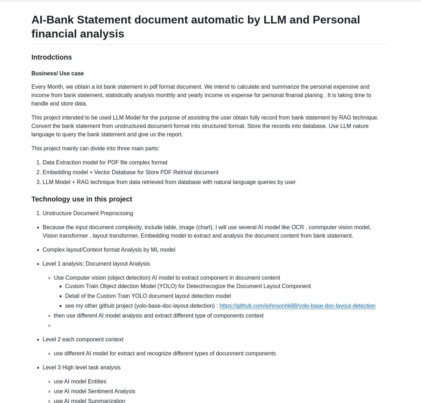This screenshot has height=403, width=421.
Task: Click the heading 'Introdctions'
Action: pyautogui.click(x=52, y=57)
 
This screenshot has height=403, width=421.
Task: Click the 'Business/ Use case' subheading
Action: pyautogui.click(x=58, y=73)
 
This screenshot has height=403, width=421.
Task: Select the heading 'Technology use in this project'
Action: pyautogui.click(x=82, y=199)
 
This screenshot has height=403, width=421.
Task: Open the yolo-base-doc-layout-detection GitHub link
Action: pyautogui.click(x=297, y=306)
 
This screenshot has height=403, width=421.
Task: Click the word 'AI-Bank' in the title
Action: pyautogui.click(x=52, y=20)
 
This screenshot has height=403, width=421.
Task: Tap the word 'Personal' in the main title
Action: pyautogui.click(x=336, y=20)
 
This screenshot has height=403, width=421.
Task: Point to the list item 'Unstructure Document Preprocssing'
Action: pyautogui.click(x=88, y=213)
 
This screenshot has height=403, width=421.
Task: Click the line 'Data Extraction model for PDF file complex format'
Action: pyautogui.click(x=105, y=162)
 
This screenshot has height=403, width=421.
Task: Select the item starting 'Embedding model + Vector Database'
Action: pyautogui.click(x=130, y=172)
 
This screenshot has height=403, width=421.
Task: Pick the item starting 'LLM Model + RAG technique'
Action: pyautogui.click(x=169, y=182)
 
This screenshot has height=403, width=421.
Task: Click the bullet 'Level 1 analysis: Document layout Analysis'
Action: pyautogui.click(x=96, y=264)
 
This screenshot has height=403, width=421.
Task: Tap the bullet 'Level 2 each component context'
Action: pyautogui.click(x=83, y=339)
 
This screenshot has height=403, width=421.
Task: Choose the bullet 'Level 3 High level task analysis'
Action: pyautogui.click(x=81, y=367)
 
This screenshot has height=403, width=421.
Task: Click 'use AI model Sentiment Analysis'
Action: pyautogui.click(x=94, y=391)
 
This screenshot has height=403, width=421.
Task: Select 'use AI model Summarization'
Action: pyautogui.click(x=89, y=401)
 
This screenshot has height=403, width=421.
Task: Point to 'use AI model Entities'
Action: pyautogui.click(x=80, y=381)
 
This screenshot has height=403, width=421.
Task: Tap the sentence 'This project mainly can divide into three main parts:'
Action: pyautogui.click(x=95, y=148)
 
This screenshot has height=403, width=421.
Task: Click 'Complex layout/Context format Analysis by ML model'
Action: pyautogui.click(x=109, y=250)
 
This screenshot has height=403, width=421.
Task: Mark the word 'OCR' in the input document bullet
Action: pyautogui.click(x=298, y=227)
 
